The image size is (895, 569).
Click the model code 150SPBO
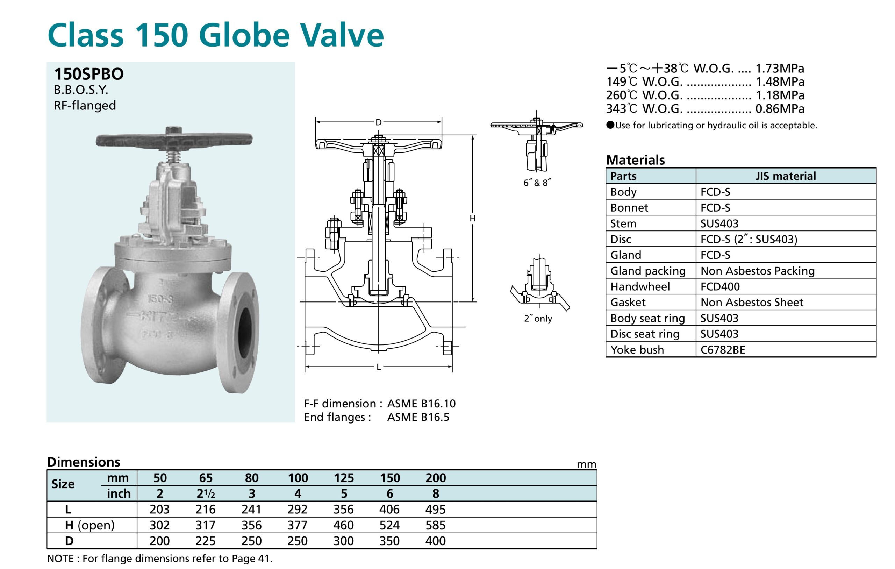(x=89, y=74)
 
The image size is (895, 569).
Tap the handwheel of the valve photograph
(x=174, y=140)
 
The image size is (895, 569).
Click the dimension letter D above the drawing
(x=378, y=122)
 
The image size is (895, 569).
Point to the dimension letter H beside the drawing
(x=472, y=218)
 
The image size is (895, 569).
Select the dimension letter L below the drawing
(x=378, y=367)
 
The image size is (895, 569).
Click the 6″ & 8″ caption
(x=537, y=183)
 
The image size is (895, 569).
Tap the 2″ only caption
(x=538, y=318)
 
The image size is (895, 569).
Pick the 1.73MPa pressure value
(x=780, y=69)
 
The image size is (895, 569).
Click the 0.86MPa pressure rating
(x=780, y=109)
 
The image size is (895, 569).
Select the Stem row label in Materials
(x=623, y=223)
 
